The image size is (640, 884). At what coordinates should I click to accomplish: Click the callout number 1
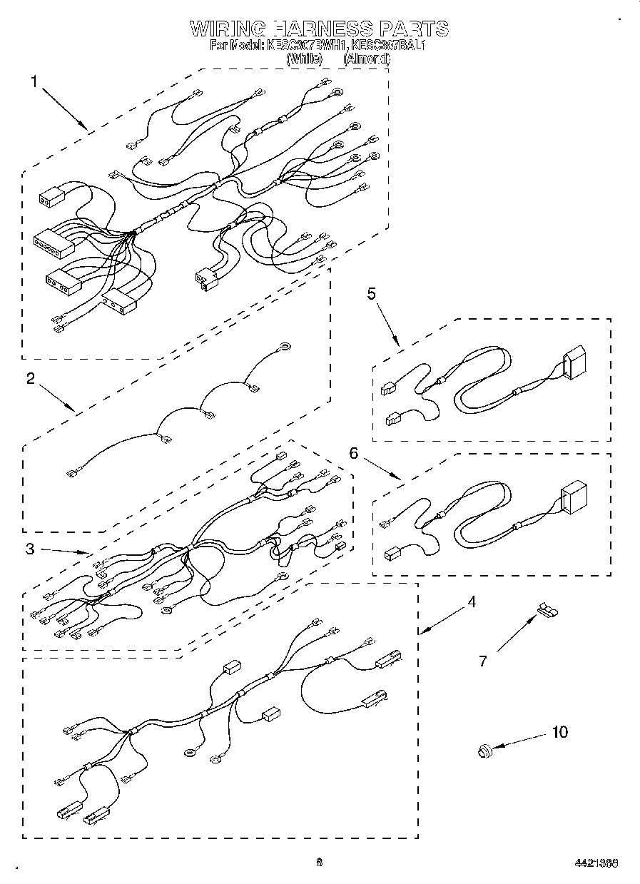pos(34,81)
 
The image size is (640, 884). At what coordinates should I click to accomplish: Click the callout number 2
pos(31,379)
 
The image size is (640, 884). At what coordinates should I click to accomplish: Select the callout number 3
pos(31,549)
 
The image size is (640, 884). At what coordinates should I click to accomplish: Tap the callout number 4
pos(471,602)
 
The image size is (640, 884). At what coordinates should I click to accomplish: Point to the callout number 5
pos(372,293)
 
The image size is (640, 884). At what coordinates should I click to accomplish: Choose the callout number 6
pos(352,452)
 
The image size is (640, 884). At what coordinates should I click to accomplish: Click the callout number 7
pos(483,661)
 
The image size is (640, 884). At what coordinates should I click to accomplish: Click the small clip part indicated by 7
pos(547,609)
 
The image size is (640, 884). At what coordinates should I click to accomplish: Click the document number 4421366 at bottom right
pos(596,863)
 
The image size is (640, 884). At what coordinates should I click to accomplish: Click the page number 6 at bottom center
pos(320,862)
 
